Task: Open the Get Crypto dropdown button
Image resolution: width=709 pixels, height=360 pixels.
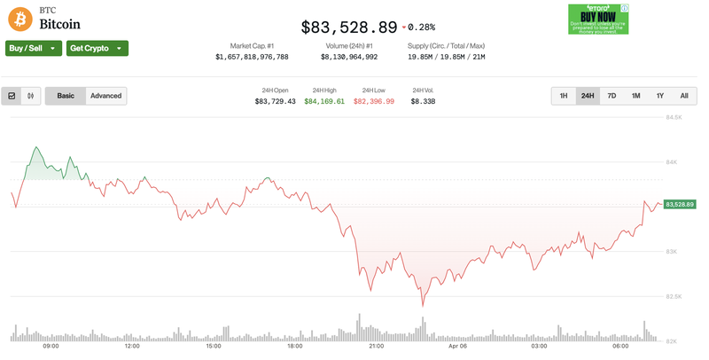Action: click(x=97, y=48)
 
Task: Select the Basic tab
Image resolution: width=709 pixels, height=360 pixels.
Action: click(x=66, y=96)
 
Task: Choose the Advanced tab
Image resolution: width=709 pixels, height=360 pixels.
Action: click(x=105, y=96)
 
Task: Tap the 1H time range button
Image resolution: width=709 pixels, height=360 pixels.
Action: click(x=564, y=96)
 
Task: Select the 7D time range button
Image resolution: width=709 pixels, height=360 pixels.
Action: click(x=612, y=96)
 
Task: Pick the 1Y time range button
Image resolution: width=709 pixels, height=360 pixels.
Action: click(x=660, y=96)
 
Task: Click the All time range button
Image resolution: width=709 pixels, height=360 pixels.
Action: click(x=684, y=96)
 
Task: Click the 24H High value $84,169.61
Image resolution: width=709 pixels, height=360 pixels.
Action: click(x=324, y=102)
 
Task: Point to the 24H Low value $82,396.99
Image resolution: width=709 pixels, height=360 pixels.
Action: click(x=374, y=102)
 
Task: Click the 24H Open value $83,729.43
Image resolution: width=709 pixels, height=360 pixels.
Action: click(x=275, y=102)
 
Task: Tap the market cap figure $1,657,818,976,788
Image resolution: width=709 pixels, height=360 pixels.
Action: click(x=252, y=57)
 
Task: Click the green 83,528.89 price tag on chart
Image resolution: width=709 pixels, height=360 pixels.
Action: click(x=680, y=205)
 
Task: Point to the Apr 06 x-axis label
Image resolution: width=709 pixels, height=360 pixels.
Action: click(x=457, y=347)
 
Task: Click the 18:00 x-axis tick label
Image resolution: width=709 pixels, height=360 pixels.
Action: click(x=294, y=347)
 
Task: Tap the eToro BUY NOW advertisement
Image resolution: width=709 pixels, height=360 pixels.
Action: click(x=598, y=19)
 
